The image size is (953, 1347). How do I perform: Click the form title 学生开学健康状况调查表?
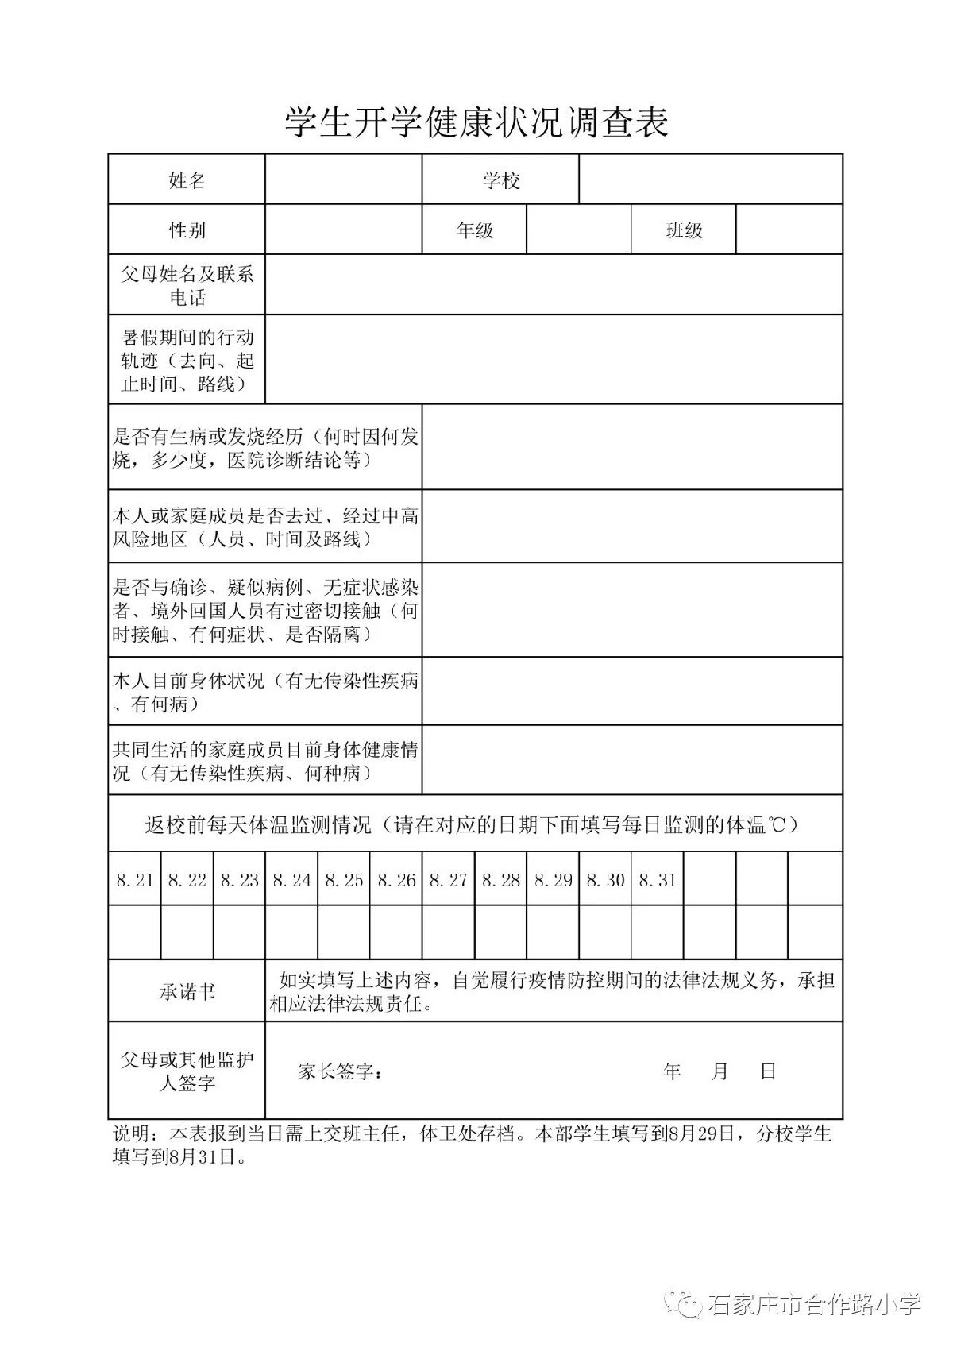click(476, 123)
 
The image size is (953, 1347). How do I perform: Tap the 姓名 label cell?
click(187, 180)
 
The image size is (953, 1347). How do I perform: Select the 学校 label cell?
click(501, 180)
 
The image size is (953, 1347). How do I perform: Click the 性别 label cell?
click(187, 230)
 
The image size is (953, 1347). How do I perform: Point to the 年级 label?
click(474, 230)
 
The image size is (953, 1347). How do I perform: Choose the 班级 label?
click(684, 230)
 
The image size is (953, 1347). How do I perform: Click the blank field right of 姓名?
click(343, 180)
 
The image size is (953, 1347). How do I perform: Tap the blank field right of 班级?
click(789, 230)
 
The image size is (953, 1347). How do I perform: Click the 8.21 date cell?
click(134, 879)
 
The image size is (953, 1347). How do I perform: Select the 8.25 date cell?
click(344, 879)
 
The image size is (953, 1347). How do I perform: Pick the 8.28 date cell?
click(500, 879)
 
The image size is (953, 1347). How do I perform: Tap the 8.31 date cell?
click(657, 879)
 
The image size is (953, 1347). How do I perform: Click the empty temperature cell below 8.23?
click(239, 932)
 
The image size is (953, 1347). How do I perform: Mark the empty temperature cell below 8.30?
click(605, 932)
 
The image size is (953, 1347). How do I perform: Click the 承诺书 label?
click(187, 991)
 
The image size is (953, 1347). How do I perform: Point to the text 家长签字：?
click(340, 1071)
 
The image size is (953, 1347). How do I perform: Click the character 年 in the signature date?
click(673, 1071)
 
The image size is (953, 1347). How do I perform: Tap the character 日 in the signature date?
click(768, 1071)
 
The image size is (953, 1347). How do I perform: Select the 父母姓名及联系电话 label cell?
click(187, 285)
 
